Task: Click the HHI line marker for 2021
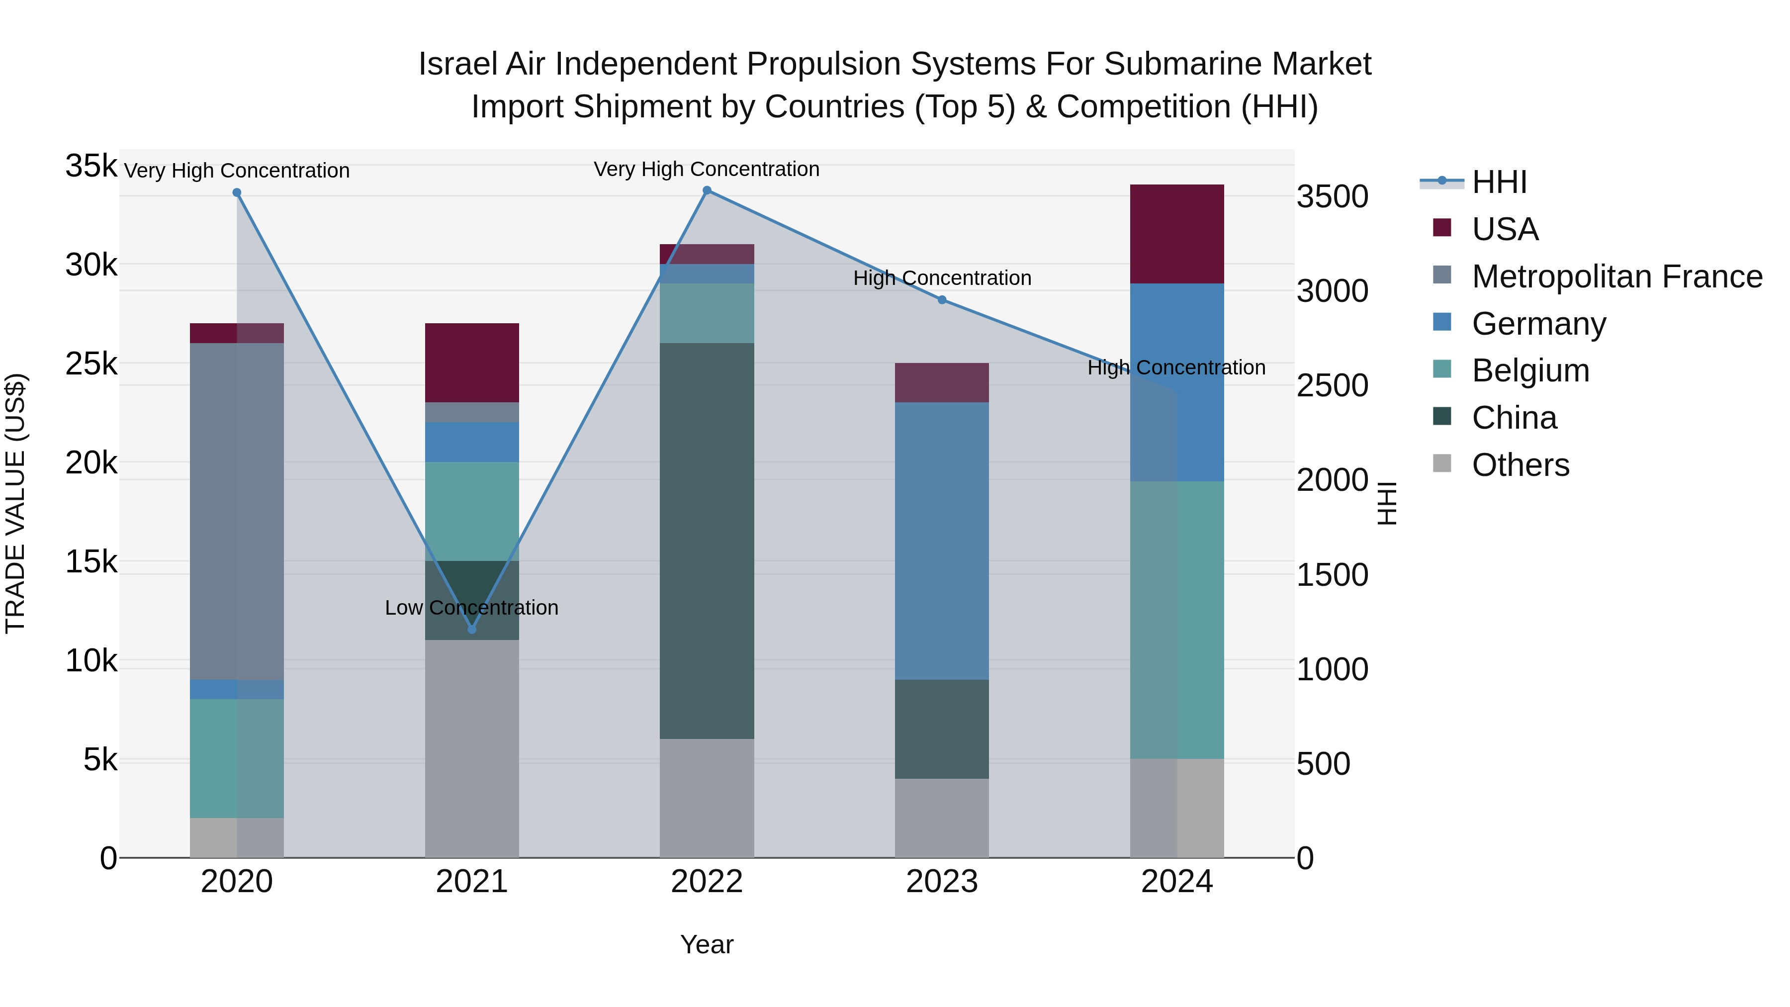tap(472, 629)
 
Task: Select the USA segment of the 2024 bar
tap(1176, 234)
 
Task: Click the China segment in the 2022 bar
tap(707, 540)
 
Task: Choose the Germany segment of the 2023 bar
tap(942, 540)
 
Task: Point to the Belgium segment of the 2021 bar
tap(472, 511)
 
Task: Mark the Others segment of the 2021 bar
tap(472, 748)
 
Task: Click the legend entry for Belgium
tap(1529, 370)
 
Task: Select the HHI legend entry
tap(1499, 182)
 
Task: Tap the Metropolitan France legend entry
tap(1616, 276)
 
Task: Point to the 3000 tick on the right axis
tap(1332, 291)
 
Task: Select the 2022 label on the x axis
tap(707, 882)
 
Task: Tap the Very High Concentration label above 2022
tap(707, 169)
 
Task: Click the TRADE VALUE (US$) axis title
tap(16, 503)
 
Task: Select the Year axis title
tap(707, 944)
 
